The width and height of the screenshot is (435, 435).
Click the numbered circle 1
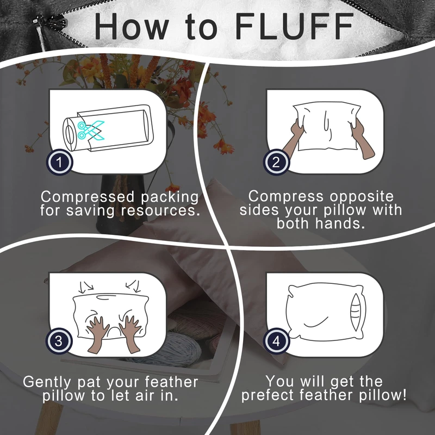(x=59, y=162)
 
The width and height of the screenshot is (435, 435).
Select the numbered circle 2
(x=276, y=162)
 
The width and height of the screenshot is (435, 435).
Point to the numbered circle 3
(x=59, y=341)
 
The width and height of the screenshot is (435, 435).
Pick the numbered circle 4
(x=276, y=341)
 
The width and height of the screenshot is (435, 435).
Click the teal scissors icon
(x=91, y=130)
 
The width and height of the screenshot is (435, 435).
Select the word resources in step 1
(x=160, y=210)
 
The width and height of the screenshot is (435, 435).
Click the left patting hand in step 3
(x=98, y=334)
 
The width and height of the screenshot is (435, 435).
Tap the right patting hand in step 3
(x=130, y=334)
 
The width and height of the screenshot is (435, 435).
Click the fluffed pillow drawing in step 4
(x=325, y=312)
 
